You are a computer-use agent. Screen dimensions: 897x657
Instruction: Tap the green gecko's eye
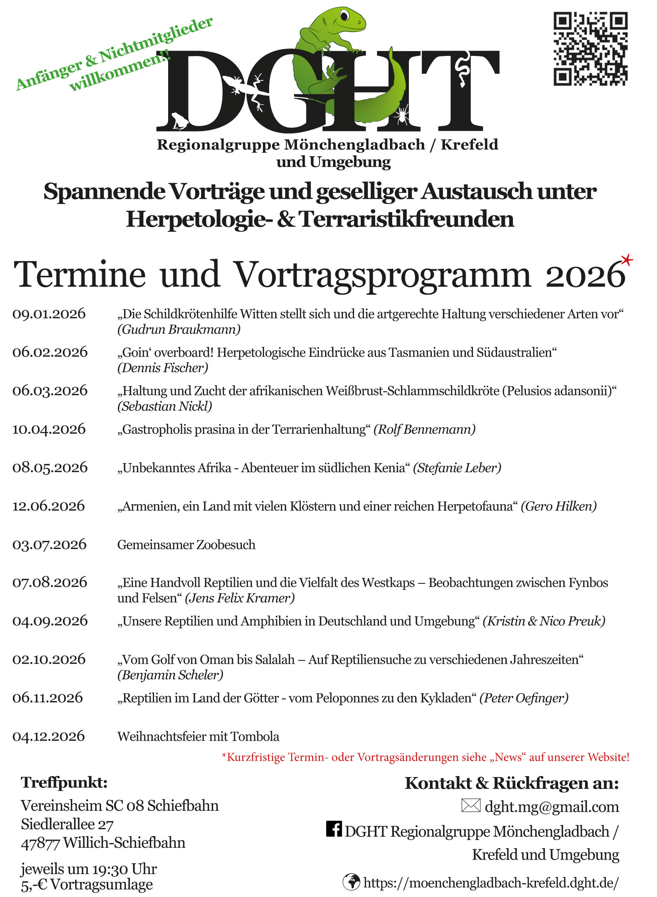[345, 15]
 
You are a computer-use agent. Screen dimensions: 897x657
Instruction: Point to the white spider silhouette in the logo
[402, 114]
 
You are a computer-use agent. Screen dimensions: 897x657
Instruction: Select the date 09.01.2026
[49, 314]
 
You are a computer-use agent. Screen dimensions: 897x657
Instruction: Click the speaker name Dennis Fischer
[163, 368]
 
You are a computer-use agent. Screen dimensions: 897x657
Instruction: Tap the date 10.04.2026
[49, 429]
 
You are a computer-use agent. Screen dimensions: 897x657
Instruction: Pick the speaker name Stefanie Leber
[457, 468]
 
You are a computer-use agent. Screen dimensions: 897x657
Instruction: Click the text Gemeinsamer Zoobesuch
[186, 545]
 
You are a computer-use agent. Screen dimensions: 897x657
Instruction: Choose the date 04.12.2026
[49, 736]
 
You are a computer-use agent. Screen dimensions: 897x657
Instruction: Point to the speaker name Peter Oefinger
[524, 698]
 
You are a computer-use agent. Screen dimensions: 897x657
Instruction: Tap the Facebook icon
[334, 829]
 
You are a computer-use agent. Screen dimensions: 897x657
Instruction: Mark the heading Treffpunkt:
[64, 783]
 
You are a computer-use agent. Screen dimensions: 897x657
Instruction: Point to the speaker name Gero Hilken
[559, 506]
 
